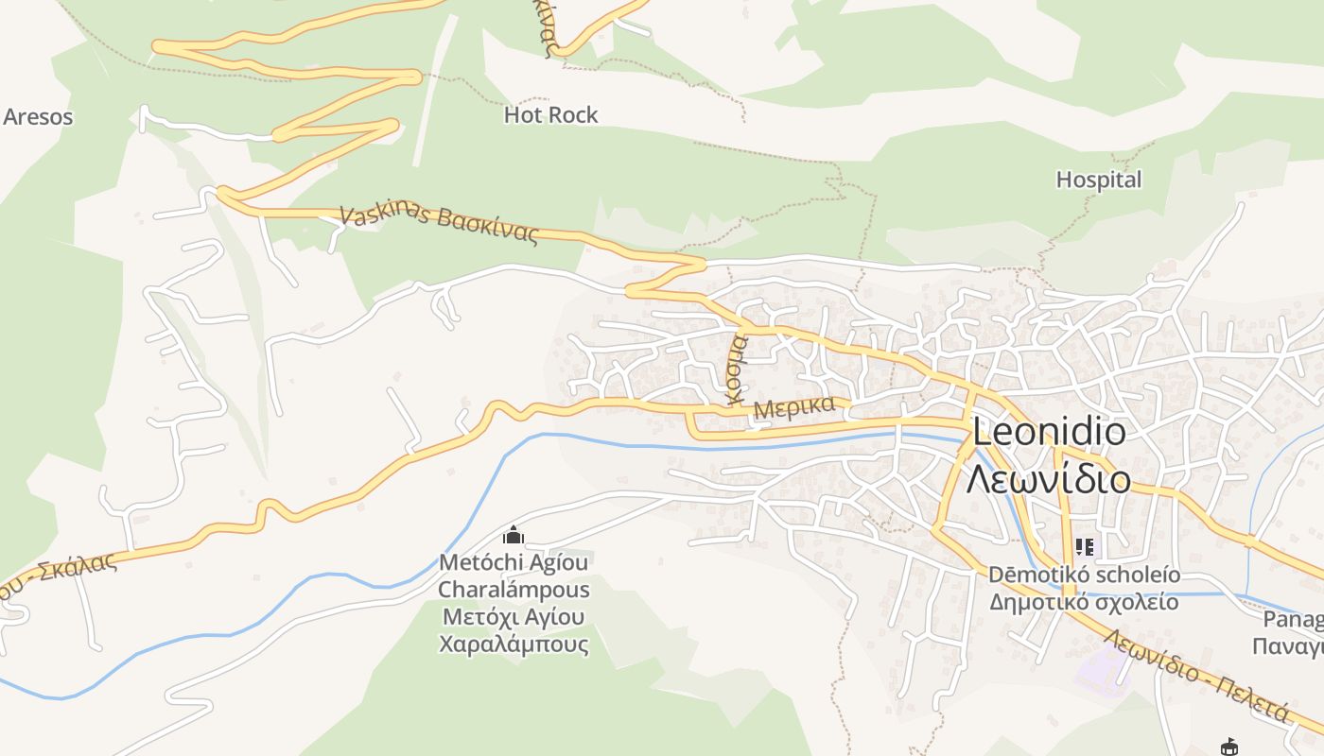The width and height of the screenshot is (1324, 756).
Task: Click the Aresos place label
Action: tap(38, 117)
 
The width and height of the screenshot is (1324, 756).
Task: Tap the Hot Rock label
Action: tap(550, 115)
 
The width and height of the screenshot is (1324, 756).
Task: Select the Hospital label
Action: tap(1098, 180)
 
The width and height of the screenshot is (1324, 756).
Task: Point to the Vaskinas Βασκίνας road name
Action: tap(439, 225)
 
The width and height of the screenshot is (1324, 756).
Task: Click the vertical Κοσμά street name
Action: tap(736, 369)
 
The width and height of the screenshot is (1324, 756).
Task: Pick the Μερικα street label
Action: tap(794, 408)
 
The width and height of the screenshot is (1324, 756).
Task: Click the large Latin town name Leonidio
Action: tap(1049, 433)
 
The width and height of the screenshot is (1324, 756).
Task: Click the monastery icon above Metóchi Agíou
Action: tap(514, 536)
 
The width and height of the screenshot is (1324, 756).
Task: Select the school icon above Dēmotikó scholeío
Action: tap(1084, 546)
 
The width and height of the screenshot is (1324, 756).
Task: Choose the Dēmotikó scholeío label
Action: tap(1084, 575)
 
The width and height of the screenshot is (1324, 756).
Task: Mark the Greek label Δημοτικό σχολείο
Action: tap(1084, 602)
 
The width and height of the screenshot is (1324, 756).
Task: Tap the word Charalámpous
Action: tap(514, 590)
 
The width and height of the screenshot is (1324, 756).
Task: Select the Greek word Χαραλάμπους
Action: tap(514, 645)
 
